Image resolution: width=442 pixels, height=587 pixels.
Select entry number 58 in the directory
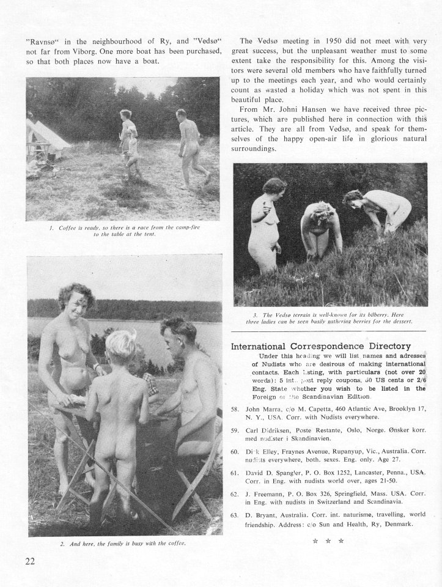tap(235, 408)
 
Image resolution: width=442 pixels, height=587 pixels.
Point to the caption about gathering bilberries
tap(330, 317)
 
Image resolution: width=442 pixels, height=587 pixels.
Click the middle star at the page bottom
tap(328, 541)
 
